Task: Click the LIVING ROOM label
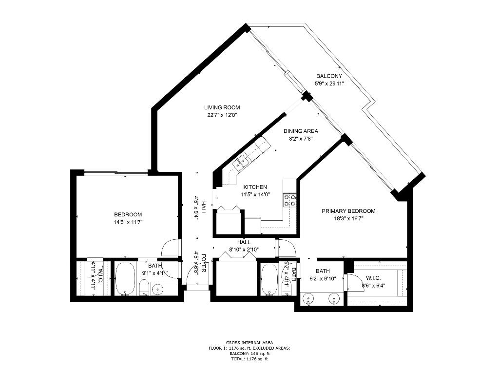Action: (x=222, y=107)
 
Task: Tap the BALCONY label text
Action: (x=329, y=76)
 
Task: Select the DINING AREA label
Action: (x=301, y=131)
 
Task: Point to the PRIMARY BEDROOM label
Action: (x=348, y=211)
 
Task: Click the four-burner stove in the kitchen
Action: (x=290, y=200)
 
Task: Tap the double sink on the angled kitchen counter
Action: (x=241, y=161)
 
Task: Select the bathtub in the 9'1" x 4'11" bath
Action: (x=127, y=279)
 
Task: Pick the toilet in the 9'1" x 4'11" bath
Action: (x=144, y=288)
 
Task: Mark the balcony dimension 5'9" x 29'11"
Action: (x=329, y=83)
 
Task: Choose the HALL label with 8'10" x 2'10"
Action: (x=244, y=242)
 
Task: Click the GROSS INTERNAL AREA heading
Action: (x=249, y=342)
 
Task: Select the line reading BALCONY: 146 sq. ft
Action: (x=249, y=354)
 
